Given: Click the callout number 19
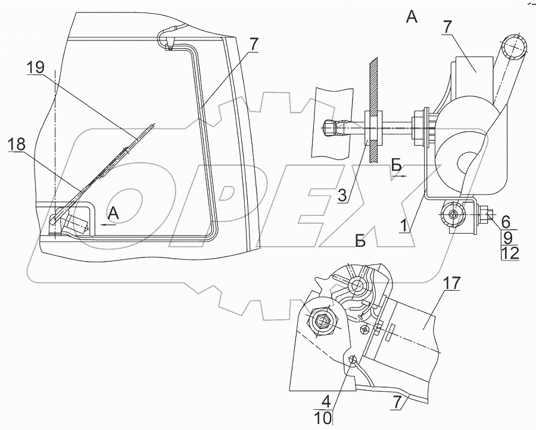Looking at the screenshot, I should click(x=36, y=68).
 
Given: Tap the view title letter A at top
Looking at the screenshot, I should click(x=411, y=17).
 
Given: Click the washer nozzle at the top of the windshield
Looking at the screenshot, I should click(x=169, y=42).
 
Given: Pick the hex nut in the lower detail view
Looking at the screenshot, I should click(x=323, y=321).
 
